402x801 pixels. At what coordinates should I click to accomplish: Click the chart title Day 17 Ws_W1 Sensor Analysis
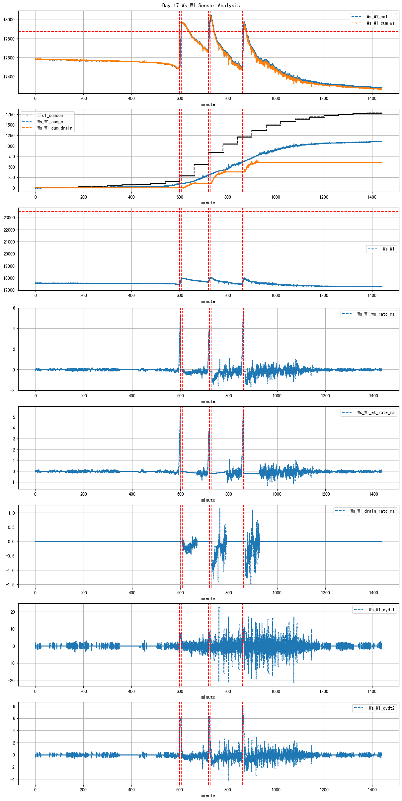point(201,5)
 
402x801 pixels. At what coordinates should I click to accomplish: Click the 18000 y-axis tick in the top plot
point(9,20)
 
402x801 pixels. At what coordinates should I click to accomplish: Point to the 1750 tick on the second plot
point(10,115)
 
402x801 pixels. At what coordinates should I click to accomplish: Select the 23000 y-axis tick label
point(9,218)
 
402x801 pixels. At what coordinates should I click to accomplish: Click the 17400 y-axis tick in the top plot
point(9,77)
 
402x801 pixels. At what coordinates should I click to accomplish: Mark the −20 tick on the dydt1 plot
point(11,680)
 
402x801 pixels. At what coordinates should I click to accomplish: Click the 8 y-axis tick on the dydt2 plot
point(14,706)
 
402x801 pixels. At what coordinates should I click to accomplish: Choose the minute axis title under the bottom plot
point(208,796)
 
